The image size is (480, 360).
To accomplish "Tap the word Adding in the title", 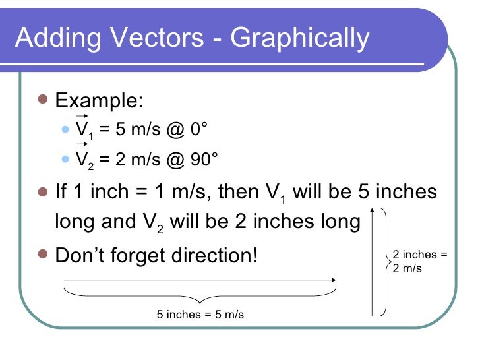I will [x=55, y=38].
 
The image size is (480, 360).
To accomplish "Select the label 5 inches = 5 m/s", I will [x=200, y=315].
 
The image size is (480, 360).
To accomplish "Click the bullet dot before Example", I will [x=44, y=101].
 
